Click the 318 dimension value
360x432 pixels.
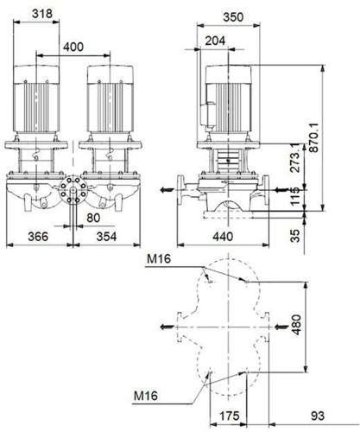pos(42,14)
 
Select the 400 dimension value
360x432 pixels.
pos(73,47)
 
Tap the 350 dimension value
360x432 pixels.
pos(233,17)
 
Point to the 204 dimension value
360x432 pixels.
pos(215,41)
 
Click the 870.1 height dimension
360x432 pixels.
pos(314,137)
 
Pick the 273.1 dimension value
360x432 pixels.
pos(295,158)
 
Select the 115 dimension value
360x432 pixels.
pos(295,196)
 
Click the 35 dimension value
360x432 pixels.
pos(295,235)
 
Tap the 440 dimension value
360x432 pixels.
pos(223,237)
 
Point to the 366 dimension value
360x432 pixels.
pos(38,237)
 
